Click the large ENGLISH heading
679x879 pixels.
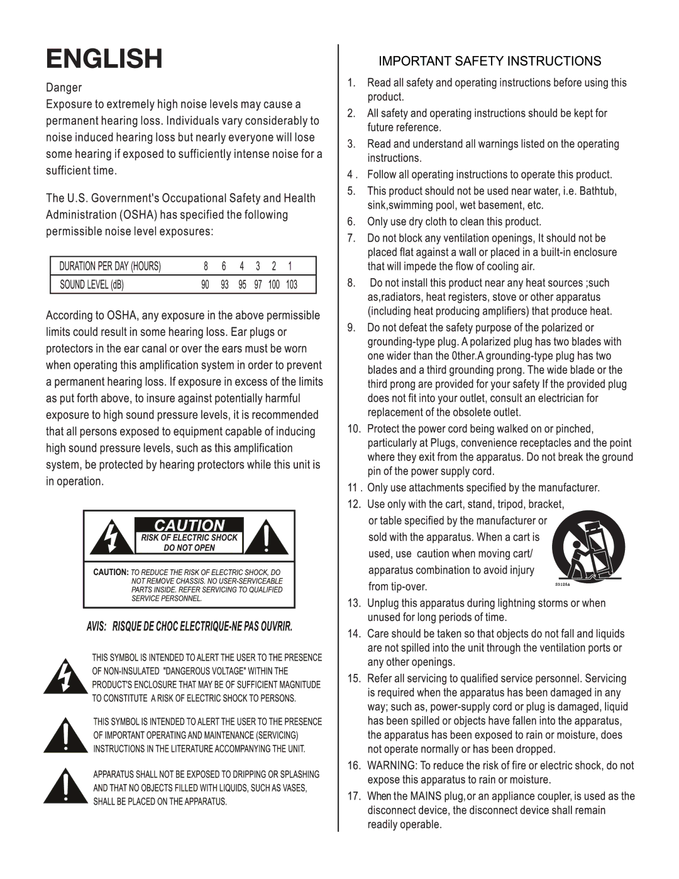click(x=104, y=59)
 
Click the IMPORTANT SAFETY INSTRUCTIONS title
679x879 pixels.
click(x=489, y=61)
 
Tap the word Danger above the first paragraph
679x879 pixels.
click(x=63, y=87)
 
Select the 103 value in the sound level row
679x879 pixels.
click(x=292, y=284)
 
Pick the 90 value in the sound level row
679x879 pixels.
click(x=205, y=284)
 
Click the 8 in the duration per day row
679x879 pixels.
click(x=206, y=266)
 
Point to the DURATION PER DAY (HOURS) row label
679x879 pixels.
click(x=110, y=266)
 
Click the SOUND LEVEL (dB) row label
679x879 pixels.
click(x=92, y=284)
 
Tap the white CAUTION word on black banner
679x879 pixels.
click(x=189, y=525)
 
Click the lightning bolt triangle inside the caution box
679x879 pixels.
click(x=111, y=538)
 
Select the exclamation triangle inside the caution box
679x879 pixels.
click(x=267, y=538)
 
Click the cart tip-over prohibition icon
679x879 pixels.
click(x=588, y=546)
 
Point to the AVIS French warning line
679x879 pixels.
click(x=189, y=627)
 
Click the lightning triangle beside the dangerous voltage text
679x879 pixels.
click(x=65, y=677)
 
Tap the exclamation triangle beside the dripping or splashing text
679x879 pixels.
click(x=65, y=787)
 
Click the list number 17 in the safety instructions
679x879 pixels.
click(x=354, y=796)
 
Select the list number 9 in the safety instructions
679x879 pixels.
click(x=351, y=327)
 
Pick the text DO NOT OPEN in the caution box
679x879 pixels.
click(x=189, y=548)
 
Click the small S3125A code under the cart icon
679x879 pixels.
click(x=562, y=585)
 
